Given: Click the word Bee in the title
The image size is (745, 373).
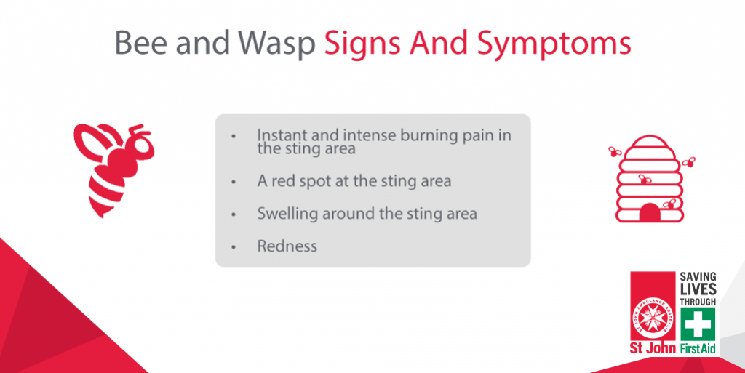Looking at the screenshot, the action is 140,43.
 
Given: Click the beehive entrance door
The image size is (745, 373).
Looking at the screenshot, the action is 650,213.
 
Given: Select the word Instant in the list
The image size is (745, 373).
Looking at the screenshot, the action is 282,135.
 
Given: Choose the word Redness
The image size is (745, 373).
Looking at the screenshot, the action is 287,246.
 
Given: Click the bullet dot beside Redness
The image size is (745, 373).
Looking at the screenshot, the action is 234,247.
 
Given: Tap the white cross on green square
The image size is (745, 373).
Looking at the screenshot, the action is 698,324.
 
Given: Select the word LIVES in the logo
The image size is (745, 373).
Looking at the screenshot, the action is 698,289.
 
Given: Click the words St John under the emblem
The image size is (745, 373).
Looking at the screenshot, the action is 653,348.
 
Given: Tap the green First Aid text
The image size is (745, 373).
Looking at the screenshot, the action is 698,349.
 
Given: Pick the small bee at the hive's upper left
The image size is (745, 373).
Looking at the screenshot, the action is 615,151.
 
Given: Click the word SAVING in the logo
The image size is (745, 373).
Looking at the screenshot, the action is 698,277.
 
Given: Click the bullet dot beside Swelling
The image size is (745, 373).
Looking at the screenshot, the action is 234,215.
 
